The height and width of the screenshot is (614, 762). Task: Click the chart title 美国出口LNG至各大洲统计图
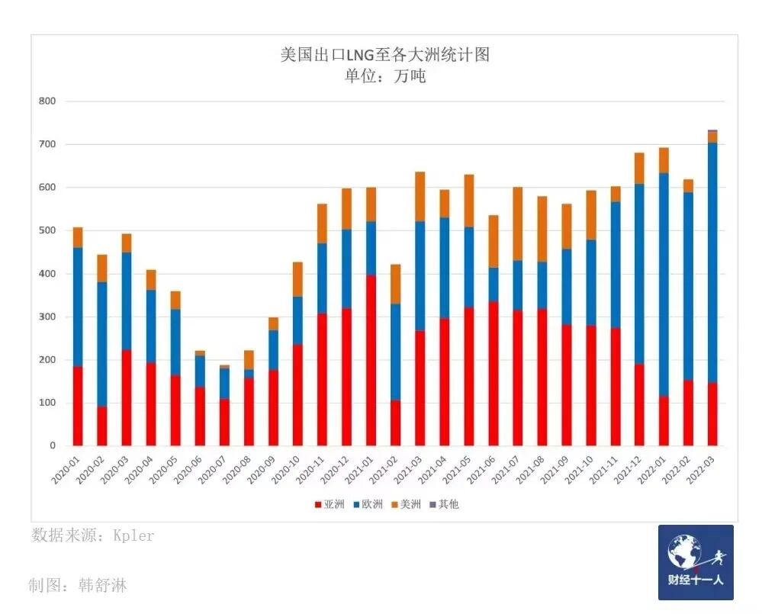[384, 55]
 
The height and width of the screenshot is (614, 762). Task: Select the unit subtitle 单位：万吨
[384, 76]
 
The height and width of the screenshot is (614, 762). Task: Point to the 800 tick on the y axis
[47, 101]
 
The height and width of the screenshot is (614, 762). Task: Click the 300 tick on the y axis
[47, 317]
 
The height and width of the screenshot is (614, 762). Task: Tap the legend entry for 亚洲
[329, 504]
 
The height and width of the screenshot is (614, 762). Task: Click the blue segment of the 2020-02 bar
[102, 344]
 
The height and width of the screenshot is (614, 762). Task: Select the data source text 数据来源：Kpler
[92, 535]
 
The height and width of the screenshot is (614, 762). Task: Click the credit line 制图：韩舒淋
[78, 586]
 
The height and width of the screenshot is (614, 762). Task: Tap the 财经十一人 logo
[695, 562]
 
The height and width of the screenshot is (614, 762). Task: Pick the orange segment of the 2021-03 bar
[420, 197]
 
